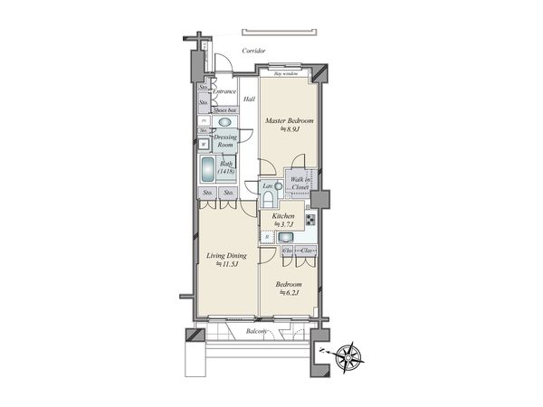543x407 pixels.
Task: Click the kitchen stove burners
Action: [x=310, y=221]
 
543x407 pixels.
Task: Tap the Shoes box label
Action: [x=224, y=109]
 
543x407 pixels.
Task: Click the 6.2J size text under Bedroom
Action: [x=289, y=292]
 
